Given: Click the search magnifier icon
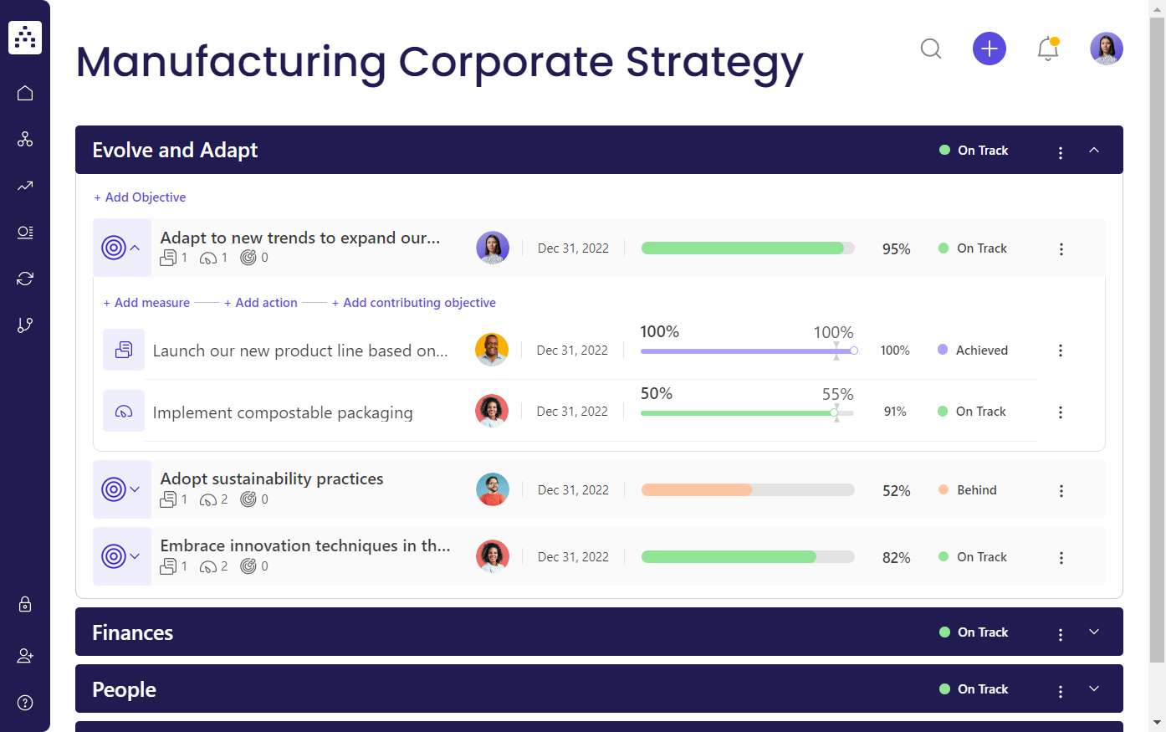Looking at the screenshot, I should [931, 49].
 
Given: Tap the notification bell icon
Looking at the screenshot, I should [1047, 49].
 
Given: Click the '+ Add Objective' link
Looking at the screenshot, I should [140, 197].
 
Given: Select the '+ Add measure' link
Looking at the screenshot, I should [146, 303].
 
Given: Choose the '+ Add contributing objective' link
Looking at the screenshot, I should [414, 303].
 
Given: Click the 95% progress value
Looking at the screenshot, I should [896, 249].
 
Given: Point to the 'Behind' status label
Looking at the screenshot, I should [976, 490].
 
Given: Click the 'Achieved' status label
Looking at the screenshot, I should [981, 351].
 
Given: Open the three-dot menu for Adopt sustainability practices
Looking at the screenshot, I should [1061, 491].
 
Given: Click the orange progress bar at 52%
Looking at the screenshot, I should [697, 490].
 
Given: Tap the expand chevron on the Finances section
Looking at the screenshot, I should [1093, 632].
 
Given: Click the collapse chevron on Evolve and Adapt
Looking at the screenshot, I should [1093, 151].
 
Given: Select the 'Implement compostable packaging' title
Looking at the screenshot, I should [283, 412].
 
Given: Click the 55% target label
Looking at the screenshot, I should [837, 394].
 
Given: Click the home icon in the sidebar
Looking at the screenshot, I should [25, 93].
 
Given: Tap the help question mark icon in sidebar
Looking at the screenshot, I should [25, 703].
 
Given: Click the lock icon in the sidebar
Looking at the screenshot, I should [25, 604].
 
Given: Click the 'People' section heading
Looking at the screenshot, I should [125, 689].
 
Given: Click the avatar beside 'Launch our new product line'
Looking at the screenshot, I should [492, 350].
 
